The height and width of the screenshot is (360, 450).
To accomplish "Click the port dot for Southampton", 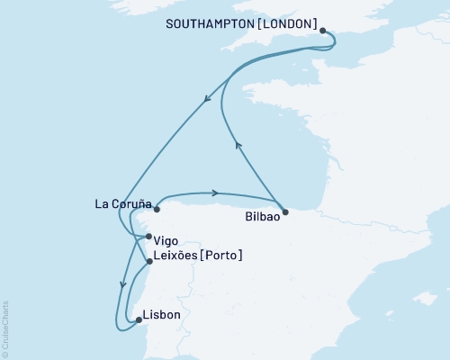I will tap(323, 30).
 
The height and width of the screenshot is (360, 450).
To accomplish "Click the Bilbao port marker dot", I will tap(285, 212).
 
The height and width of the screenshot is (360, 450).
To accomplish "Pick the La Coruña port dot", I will tap(157, 210).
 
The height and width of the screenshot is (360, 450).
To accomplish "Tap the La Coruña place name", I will tap(121, 203).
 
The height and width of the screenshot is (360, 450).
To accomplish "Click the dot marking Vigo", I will tap(148, 237).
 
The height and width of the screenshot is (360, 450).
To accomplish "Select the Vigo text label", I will tap(167, 241).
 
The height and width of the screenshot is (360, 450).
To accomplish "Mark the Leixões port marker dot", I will tap(148, 262).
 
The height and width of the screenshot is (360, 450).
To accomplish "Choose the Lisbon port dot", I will tap(138, 319).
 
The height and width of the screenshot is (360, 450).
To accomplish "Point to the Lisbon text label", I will tap(163, 315).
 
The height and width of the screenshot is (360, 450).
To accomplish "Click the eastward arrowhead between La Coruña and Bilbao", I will tap(215, 193).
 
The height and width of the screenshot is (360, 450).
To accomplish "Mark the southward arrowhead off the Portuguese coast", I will tap(121, 285).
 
